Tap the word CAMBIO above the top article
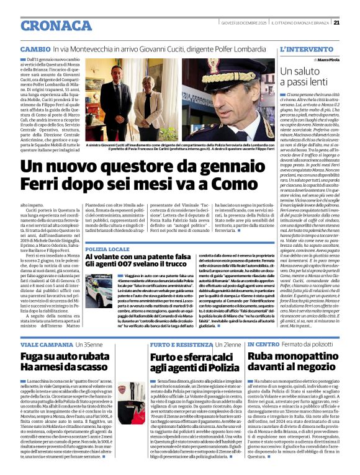click(x=35, y=48)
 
